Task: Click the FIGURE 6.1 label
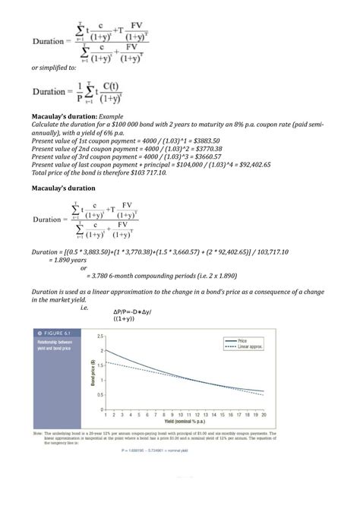[x=52, y=334]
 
